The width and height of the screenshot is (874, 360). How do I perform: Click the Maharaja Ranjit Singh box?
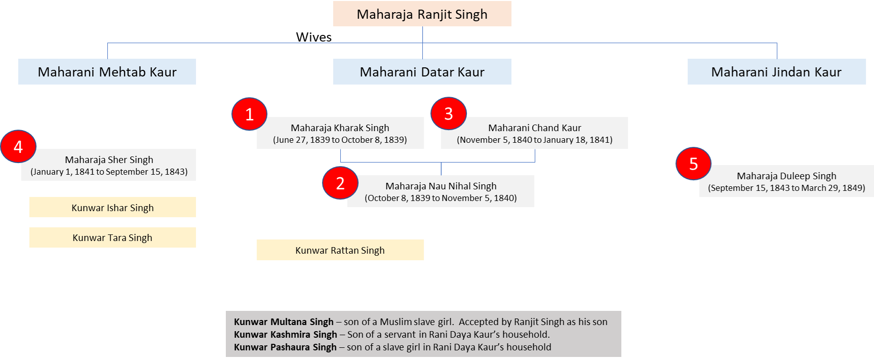coord(422,14)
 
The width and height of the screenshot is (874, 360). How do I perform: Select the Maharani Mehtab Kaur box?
coord(107,72)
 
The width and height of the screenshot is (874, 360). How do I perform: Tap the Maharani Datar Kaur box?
coord(422,72)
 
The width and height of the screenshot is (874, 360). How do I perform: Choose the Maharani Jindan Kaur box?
coord(776,72)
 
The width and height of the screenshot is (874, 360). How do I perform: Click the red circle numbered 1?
coord(249,114)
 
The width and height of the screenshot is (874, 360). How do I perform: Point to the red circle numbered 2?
coord(340,183)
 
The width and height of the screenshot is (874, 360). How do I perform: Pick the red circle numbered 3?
coord(448,113)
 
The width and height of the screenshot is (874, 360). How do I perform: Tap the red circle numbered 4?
coord(18,147)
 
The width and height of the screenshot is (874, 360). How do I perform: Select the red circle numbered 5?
coord(693,164)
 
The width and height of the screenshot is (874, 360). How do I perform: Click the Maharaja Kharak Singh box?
coord(340,134)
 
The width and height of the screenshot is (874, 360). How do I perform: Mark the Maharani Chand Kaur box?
coord(535,134)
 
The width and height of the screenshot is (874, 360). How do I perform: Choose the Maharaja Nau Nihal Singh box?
coord(441,191)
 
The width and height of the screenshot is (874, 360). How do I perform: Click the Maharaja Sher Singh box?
coord(109,165)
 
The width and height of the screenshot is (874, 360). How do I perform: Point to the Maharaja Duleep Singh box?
coord(786,182)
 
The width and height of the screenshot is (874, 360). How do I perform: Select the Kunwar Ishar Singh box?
coord(112,208)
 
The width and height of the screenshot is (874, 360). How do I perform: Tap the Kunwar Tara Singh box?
coord(112,237)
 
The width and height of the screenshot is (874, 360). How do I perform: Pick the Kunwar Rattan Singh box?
coord(340,250)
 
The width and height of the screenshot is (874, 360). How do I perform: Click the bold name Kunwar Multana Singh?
coord(284,322)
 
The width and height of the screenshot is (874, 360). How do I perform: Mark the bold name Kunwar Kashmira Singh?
coord(285,335)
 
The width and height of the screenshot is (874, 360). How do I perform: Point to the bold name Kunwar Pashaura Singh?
coord(285,347)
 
